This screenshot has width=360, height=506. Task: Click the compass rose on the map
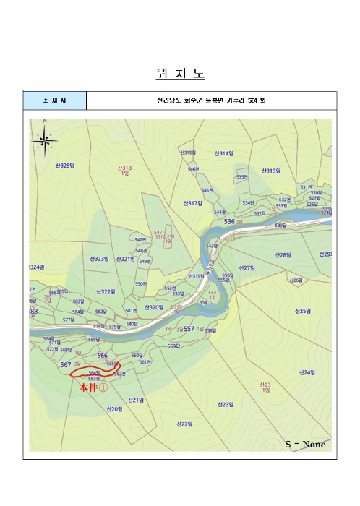click(x=45, y=140)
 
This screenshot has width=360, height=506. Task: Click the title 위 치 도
click(x=180, y=74)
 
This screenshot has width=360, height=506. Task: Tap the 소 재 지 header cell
click(x=54, y=100)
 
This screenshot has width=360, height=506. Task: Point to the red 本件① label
click(x=93, y=387)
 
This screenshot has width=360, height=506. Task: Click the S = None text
click(x=306, y=444)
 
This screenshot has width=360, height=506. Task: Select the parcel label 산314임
click(x=223, y=153)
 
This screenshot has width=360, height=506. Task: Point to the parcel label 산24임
click(x=306, y=372)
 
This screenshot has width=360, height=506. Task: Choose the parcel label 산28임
click(x=283, y=255)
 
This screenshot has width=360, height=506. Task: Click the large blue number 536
click(x=230, y=221)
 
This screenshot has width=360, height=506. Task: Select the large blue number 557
click(x=189, y=328)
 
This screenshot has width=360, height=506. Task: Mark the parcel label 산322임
click(x=106, y=292)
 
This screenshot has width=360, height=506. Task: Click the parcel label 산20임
click(x=114, y=409)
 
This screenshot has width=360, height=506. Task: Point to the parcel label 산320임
click(x=154, y=307)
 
